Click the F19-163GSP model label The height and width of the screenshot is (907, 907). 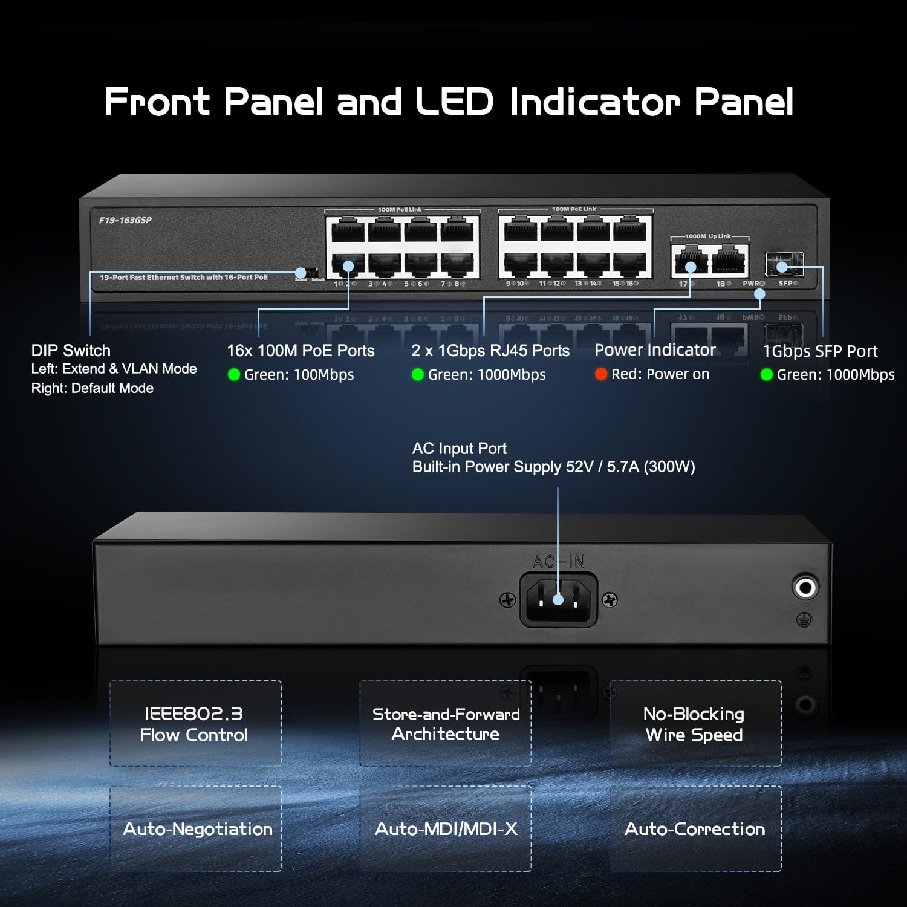click(x=125, y=220)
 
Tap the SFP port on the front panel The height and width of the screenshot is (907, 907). click(x=783, y=264)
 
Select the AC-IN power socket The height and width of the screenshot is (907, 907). click(x=558, y=600)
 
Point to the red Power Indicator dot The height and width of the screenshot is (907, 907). click(x=600, y=374)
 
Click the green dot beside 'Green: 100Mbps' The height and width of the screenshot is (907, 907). click(x=234, y=375)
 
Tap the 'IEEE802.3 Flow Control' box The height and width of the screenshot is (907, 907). click(x=195, y=724)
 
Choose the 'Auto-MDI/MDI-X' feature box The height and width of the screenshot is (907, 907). click(x=446, y=828)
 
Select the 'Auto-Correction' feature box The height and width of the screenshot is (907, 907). click(x=695, y=828)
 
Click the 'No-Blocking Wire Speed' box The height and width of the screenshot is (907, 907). click(x=695, y=724)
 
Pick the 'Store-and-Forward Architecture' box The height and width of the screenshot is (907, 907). click(x=446, y=724)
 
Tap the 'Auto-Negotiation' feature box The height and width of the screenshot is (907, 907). click(x=195, y=828)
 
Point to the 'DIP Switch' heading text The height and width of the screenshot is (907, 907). click(x=71, y=351)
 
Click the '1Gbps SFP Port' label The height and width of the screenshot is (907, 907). click(x=820, y=351)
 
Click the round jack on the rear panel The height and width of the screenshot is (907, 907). click(x=805, y=587)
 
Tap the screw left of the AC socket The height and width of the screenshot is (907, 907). click(x=507, y=600)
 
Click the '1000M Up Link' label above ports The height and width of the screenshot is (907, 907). click(x=708, y=236)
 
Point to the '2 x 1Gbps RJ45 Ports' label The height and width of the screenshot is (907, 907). click(x=490, y=351)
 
